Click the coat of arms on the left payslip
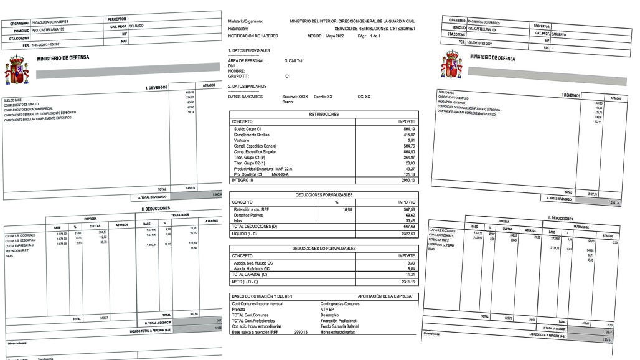[17, 69]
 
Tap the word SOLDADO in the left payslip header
[136, 26]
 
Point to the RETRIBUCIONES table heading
[324, 115]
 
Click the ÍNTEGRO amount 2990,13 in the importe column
[404, 181]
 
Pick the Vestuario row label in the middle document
[243, 141]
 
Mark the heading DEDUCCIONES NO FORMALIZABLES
[324, 249]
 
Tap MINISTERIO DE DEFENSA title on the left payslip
[63, 57]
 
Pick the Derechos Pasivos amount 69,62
[407, 215]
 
